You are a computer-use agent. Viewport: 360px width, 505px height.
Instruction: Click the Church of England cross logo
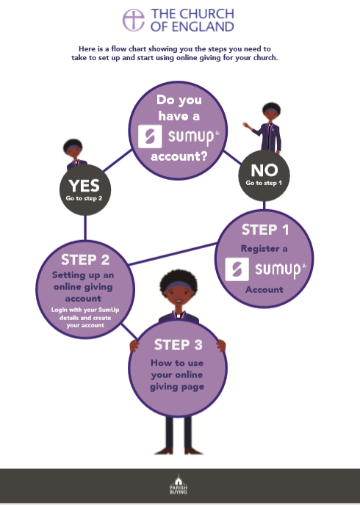click(x=134, y=20)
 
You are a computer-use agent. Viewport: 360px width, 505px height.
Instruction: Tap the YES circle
click(x=85, y=190)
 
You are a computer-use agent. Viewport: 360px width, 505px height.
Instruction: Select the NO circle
click(x=264, y=176)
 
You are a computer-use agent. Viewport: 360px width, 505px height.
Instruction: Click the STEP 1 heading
click(x=265, y=230)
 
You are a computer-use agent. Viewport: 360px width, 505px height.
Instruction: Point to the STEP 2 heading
click(x=85, y=260)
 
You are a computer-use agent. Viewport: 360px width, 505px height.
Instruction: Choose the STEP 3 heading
click(x=179, y=344)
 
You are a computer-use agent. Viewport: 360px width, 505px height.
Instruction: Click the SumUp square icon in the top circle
click(x=150, y=137)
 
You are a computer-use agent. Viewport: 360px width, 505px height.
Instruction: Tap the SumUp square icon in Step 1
click(x=237, y=269)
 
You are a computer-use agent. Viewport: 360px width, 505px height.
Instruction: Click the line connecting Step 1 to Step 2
click(x=173, y=254)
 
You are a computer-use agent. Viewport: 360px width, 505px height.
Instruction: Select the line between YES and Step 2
click(x=85, y=228)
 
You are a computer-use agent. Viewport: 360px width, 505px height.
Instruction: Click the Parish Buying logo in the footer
click(x=179, y=484)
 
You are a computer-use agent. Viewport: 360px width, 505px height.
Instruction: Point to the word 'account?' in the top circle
click(x=179, y=156)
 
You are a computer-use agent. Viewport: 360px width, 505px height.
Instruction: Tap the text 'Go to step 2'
click(x=84, y=198)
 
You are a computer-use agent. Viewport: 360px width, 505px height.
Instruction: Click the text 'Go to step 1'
click(x=264, y=183)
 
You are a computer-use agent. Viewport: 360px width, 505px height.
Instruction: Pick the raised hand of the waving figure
click(x=247, y=126)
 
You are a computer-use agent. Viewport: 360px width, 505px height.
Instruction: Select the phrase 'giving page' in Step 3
click(x=177, y=387)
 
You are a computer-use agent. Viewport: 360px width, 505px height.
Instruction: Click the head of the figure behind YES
click(x=73, y=149)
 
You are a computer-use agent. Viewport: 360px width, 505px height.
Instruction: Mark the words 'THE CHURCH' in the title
click(x=192, y=14)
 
